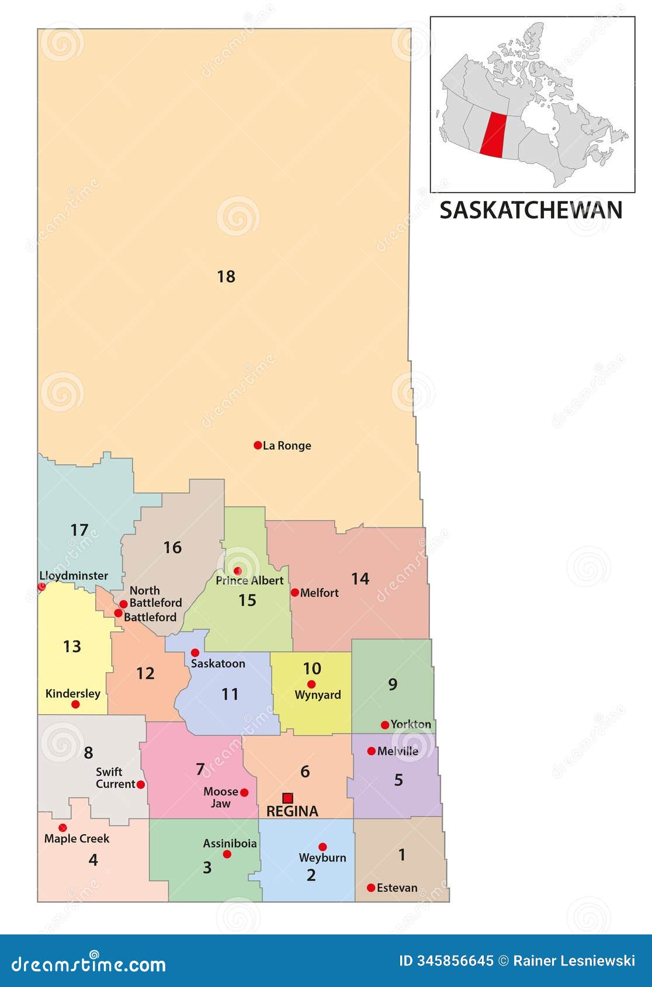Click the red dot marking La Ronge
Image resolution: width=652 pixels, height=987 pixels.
258,445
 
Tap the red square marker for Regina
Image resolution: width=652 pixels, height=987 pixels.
287,798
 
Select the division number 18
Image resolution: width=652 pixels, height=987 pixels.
226,276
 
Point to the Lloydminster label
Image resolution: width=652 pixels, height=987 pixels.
74,575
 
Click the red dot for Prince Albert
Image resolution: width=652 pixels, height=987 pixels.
237,571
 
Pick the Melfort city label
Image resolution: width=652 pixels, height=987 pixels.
319,593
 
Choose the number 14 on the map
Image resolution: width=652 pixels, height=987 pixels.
360,579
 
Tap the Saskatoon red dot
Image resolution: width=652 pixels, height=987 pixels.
195,652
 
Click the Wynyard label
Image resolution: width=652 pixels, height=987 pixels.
318,695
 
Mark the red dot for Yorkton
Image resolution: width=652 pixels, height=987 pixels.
384,725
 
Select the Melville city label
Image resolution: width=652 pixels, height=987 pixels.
398,751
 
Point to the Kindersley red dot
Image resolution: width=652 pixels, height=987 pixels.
75,704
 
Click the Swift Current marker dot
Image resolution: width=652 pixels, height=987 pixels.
140,784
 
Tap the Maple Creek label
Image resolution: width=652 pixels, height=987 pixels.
77,839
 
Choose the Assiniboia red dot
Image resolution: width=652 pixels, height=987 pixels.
227,854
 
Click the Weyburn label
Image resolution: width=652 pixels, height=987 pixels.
322,857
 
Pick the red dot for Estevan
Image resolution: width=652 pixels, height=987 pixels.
371,888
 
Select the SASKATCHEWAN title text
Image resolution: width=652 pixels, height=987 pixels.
530,210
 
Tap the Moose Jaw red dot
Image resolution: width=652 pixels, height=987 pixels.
244,793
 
